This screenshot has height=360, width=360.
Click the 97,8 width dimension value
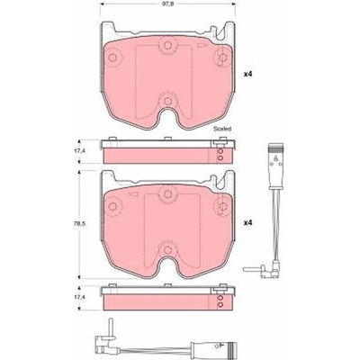click(x=167, y=4)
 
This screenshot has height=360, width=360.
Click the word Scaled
click(x=222, y=129)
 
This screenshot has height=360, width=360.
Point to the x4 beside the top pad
click(x=247, y=74)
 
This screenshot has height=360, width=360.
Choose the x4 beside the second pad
click(x=247, y=223)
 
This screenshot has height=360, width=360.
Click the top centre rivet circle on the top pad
click(x=167, y=45)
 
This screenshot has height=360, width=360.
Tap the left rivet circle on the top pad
click(x=112, y=58)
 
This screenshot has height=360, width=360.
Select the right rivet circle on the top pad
click(x=222, y=58)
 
